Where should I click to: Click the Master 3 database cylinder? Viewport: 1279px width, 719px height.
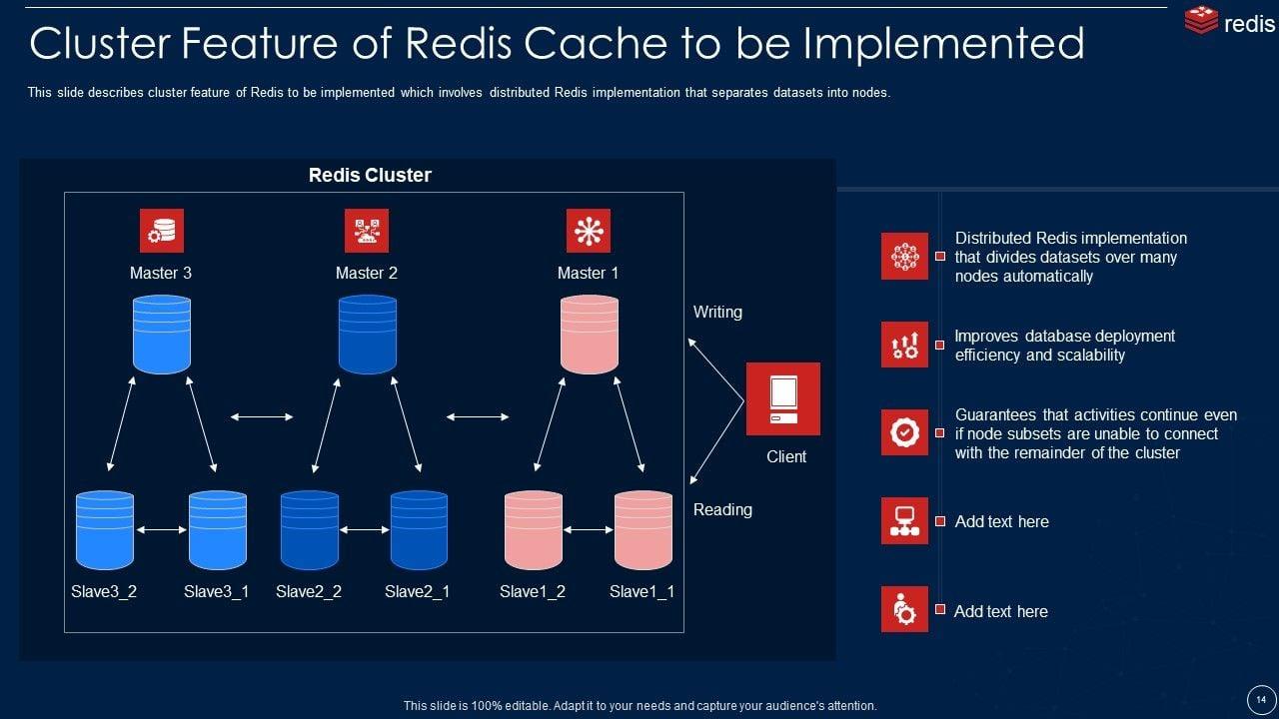pos(162,335)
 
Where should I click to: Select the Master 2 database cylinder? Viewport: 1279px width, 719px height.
pos(368,335)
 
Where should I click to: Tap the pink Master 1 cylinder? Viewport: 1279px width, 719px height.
pos(590,335)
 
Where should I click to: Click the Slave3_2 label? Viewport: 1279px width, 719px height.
pos(104,591)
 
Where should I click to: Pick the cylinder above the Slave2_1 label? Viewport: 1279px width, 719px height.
pos(419,529)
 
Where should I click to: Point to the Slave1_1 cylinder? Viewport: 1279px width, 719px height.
pos(642,529)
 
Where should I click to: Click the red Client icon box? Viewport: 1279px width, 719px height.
pos(783,398)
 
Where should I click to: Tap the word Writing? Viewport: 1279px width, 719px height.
pos(717,312)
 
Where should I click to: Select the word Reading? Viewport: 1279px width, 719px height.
pos(722,509)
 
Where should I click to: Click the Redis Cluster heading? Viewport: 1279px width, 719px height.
pos(370,175)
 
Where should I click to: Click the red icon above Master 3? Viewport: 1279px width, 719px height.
pos(162,231)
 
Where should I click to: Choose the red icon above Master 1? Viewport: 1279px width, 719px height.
pos(588,231)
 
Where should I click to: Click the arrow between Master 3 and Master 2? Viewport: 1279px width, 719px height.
pos(262,416)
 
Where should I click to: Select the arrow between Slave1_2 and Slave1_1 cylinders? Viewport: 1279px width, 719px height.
pos(589,529)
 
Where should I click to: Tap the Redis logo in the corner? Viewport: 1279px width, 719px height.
pos(1229,22)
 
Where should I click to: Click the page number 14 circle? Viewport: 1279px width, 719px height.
pos(1261,698)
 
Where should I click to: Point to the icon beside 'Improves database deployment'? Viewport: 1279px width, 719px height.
pos(904,345)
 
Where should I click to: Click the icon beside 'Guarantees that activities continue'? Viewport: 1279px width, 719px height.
pos(904,432)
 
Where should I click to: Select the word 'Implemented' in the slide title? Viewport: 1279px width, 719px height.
pos(944,44)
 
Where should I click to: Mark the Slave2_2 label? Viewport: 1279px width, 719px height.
pos(309,591)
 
